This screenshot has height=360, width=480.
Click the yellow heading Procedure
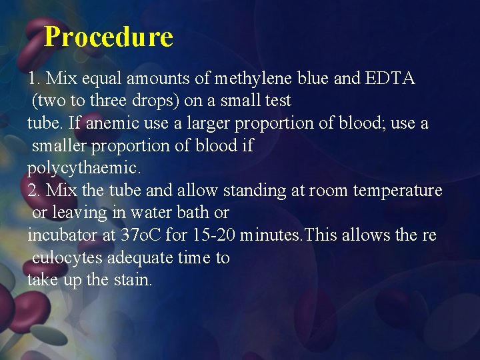[x=108, y=37]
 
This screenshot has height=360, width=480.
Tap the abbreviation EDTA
[x=390, y=79]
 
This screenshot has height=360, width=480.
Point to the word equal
[x=102, y=79]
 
